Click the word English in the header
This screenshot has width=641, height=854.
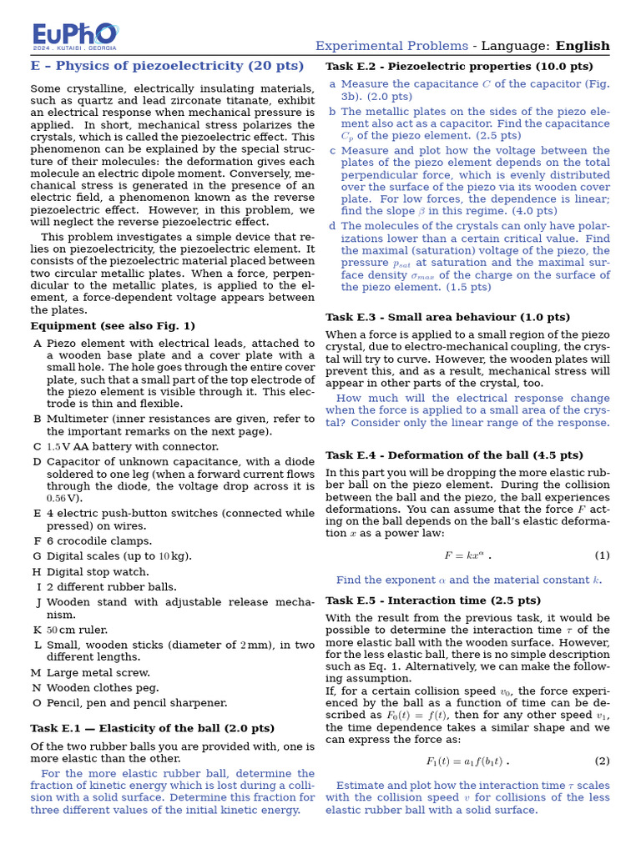click(583, 46)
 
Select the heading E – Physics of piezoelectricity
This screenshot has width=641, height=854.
click(167, 66)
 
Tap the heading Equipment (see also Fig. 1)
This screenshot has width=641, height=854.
click(113, 326)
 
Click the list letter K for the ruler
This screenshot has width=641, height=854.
click(37, 630)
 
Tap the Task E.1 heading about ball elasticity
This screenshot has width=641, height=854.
click(152, 728)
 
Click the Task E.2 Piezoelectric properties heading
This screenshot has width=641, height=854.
click(459, 67)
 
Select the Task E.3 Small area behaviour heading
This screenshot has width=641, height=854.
click(447, 318)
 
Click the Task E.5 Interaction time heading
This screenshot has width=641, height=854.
click(433, 600)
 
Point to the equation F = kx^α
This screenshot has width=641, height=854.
click(467, 555)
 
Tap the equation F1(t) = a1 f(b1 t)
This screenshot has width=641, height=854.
click(467, 761)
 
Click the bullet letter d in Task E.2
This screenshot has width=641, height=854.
click(332, 226)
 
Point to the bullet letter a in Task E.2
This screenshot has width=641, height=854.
click(332, 84)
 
